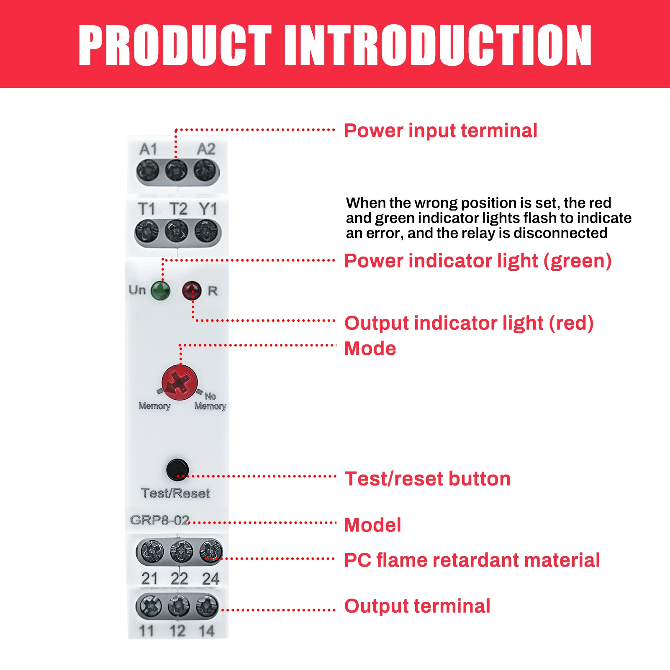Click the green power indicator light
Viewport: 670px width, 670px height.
coord(160,290)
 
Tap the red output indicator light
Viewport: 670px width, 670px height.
coord(192,290)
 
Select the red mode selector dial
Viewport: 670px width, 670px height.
coord(180,382)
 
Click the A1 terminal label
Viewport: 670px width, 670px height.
coord(148,149)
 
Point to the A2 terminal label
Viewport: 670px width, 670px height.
coord(206,149)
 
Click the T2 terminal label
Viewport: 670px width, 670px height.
coord(178,209)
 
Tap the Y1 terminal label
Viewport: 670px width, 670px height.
coord(208,209)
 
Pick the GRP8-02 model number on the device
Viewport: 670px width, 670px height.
coord(159,520)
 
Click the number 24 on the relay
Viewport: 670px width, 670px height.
coord(210,579)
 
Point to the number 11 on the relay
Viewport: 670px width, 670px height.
coord(147,631)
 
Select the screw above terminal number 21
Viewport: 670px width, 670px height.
coord(152,552)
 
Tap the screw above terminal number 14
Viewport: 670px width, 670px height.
coord(207,606)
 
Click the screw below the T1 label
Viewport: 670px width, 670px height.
coord(147,231)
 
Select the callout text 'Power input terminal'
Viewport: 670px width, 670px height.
coord(441,131)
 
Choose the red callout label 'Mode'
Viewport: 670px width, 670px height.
coord(370,349)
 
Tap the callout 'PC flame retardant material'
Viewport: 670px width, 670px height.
coord(472,560)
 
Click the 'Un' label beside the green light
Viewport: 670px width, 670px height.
coord(137,290)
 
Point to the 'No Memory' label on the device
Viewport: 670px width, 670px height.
coord(210,401)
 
